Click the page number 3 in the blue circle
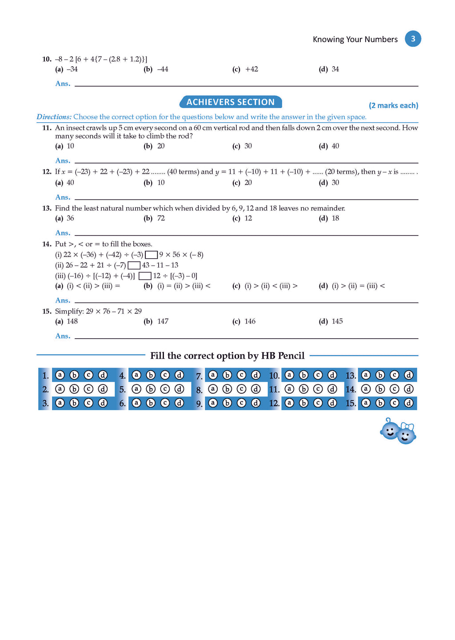tap(413, 39)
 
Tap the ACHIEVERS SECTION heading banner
tap(231, 102)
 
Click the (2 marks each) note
tap(393, 105)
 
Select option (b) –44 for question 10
tap(156, 69)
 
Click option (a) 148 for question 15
tap(67, 321)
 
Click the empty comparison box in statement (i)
tap(152, 255)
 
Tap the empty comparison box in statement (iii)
tap(145, 276)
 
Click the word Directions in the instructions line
tap(54, 117)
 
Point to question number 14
tap(47, 244)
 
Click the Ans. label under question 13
tap(63, 233)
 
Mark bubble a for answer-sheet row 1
tap(60, 375)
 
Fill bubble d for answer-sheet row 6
tap(179, 403)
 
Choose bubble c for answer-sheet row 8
tap(241, 389)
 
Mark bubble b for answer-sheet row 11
tap(303, 389)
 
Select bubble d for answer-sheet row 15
tap(408, 403)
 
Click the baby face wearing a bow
tap(406, 434)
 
